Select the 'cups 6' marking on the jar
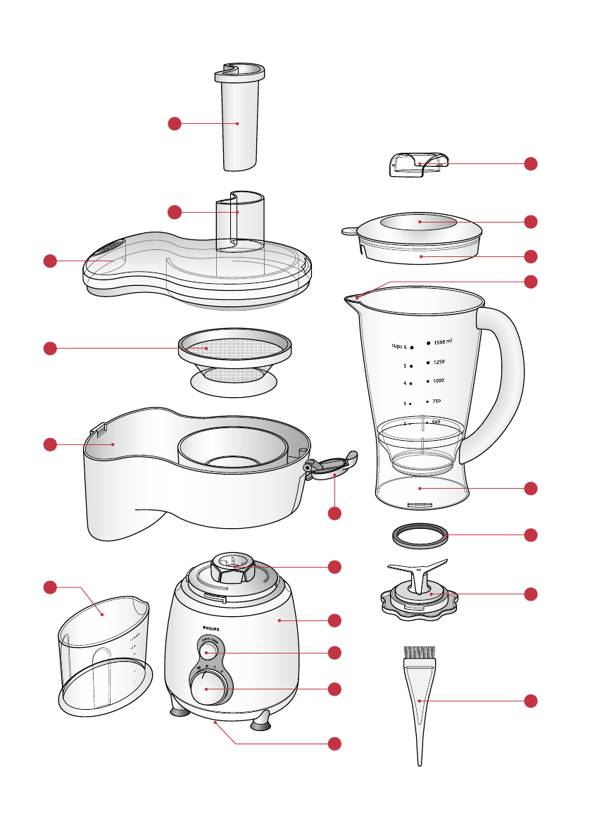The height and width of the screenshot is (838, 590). [403, 346]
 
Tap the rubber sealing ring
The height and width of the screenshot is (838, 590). [420, 534]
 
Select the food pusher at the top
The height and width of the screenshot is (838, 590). [237, 120]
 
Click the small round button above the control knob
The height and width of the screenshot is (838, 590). [207, 652]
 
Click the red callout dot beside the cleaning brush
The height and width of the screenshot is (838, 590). [532, 701]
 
